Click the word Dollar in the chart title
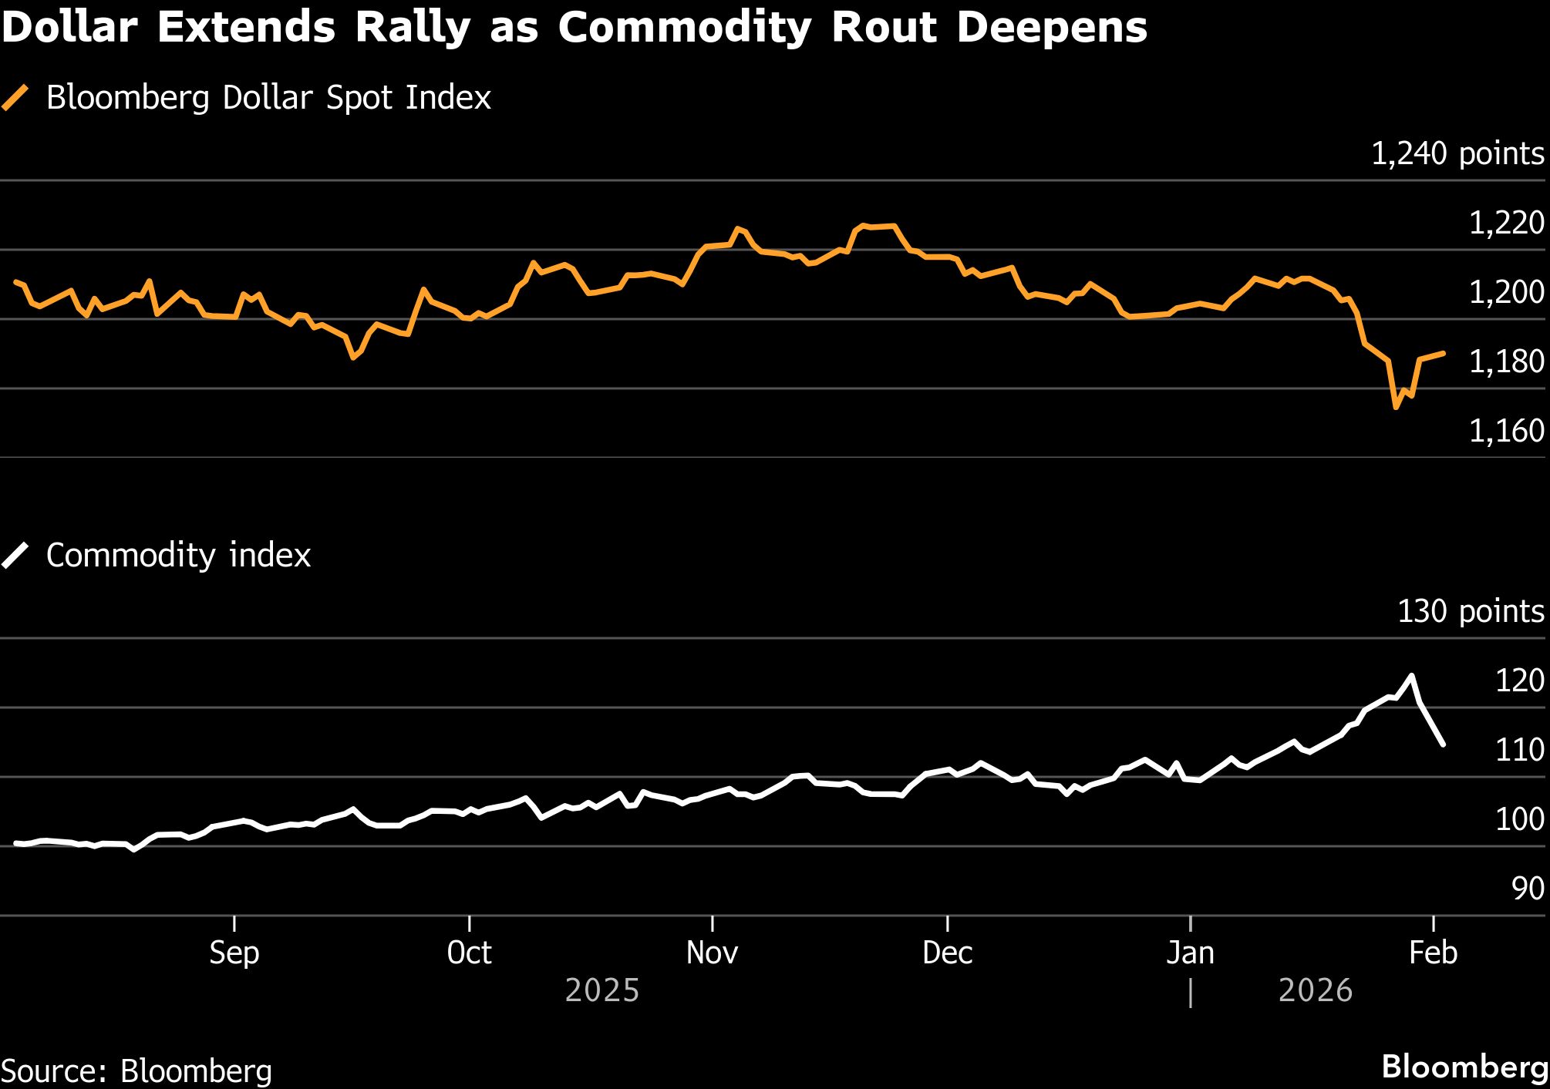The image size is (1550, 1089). [x=69, y=28]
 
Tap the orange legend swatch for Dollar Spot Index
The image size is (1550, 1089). [x=15, y=98]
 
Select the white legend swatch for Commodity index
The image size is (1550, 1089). [x=15, y=556]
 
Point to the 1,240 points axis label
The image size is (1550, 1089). [x=1457, y=154]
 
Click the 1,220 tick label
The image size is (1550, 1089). [x=1506, y=224]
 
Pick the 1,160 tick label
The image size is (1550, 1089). [x=1506, y=432]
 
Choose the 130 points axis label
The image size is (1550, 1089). [x=1471, y=611]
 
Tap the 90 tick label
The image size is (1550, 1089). [x=1527, y=889]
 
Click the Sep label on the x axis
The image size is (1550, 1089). [x=234, y=953]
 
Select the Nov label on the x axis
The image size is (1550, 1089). [x=712, y=953]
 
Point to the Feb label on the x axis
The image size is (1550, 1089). [x=1433, y=953]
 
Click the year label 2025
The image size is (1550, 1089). [x=602, y=990]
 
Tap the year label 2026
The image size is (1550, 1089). [x=1316, y=990]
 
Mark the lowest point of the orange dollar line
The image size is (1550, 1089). [x=1396, y=407]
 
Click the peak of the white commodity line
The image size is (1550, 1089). [x=1411, y=676]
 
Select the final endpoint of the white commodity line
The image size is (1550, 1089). [x=1443, y=744]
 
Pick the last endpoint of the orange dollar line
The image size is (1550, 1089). [x=1444, y=353]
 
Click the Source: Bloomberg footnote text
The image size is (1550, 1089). [x=136, y=1071]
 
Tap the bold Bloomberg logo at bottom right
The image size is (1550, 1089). [x=1464, y=1067]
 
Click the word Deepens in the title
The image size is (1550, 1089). [x=1052, y=28]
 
